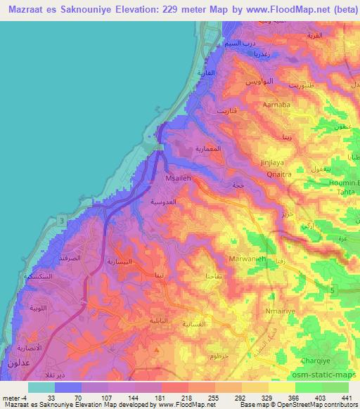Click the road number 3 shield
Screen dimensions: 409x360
(x=62, y=221)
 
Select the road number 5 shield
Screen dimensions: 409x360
(x=330, y=289)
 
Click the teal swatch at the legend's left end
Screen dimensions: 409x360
(x=41, y=387)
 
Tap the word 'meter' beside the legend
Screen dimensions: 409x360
(x=10, y=397)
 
